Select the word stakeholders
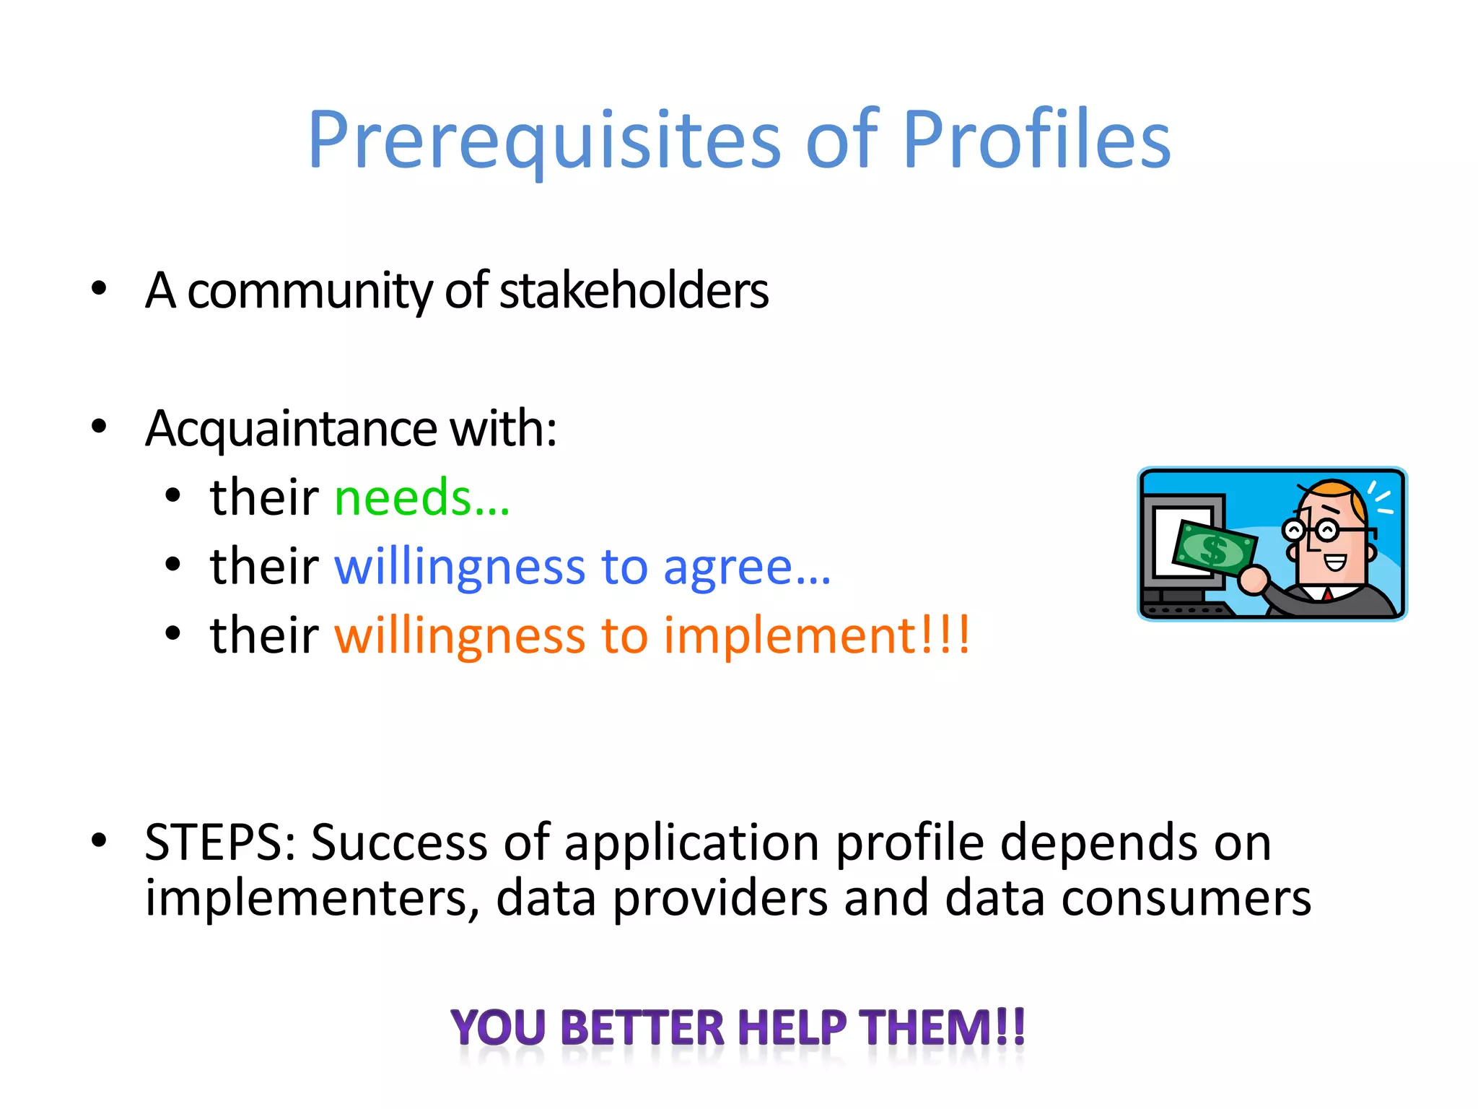coord(634,290)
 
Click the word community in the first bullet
coord(310,290)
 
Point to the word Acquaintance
coord(291,428)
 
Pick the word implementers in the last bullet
coord(310,898)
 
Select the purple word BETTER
coord(642,1027)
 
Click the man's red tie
coord(1326,595)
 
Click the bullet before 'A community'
coord(99,289)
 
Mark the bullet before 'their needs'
coord(172,496)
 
